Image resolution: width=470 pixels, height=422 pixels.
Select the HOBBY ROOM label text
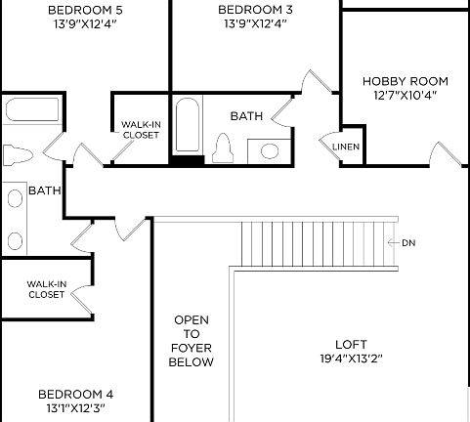point(405,81)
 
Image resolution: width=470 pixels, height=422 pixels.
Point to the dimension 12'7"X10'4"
point(405,95)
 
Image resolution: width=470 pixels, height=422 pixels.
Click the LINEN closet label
point(346,148)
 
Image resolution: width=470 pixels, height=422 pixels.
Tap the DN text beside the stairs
point(407,242)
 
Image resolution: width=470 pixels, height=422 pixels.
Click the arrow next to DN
point(393,242)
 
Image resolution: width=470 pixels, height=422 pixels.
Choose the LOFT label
point(351,344)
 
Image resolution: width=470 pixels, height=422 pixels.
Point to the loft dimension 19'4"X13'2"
point(351,359)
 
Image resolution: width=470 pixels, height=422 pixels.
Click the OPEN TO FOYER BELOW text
point(192,341)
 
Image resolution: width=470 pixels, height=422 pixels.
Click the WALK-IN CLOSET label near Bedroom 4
point(46,289)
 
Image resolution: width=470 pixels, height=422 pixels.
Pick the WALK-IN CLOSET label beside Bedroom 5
point(141,130)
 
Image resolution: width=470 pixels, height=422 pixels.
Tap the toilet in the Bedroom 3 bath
point(224,148)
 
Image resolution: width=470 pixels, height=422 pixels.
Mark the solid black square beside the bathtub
point(186,159)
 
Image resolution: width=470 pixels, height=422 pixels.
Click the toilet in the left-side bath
point(18,156)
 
